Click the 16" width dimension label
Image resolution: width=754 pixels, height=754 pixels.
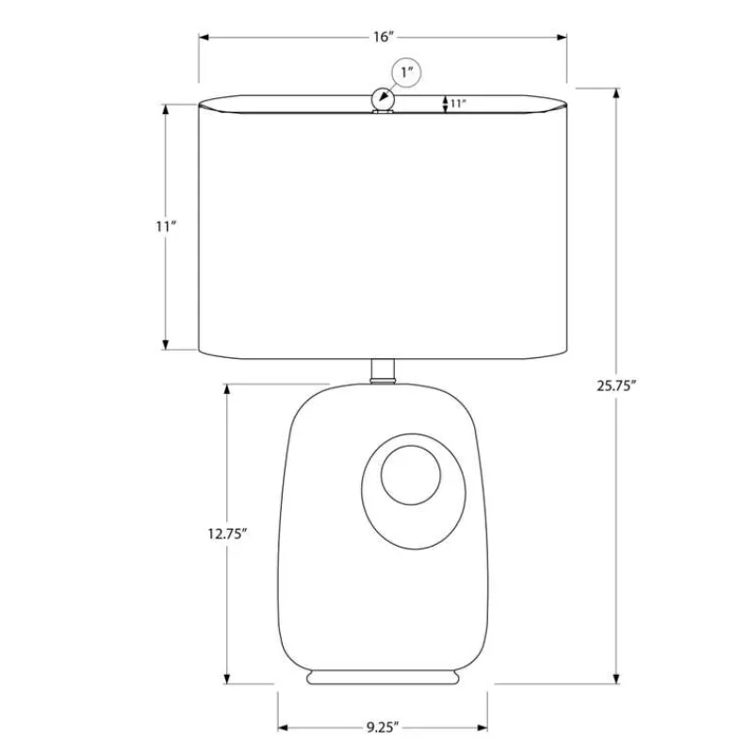click(x=384, y=37)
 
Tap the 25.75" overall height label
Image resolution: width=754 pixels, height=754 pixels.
click(x=616, y=385)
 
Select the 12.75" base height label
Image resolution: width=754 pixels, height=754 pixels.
click(x=227, y=533)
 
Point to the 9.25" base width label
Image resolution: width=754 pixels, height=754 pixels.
click(x=383, y=727)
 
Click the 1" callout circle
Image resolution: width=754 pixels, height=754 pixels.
click(x=407, y=73)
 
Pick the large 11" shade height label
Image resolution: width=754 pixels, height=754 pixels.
click(x=166, y=226)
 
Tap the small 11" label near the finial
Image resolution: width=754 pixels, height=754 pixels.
click(x=458, y=104)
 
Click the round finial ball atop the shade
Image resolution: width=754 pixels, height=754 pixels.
click(x=383, y=99)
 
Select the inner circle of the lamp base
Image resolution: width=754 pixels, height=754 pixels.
click(x=411, y=475)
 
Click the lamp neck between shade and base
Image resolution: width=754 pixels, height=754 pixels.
click(x=383, y=370)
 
